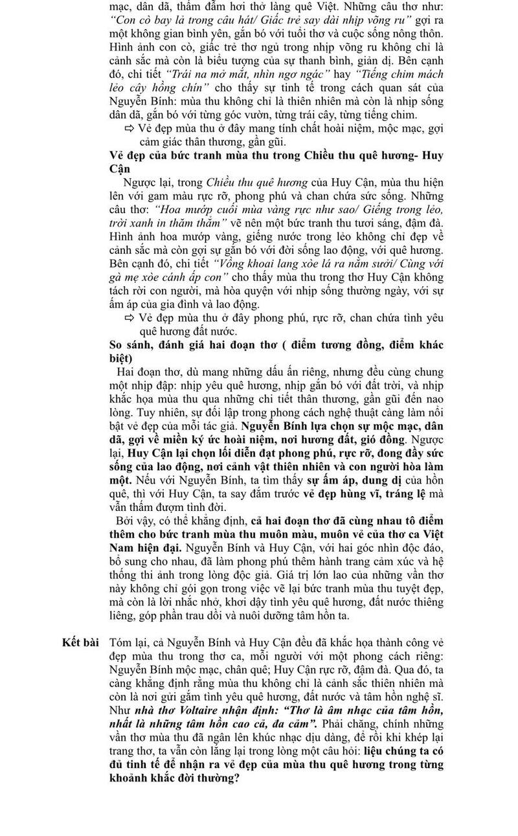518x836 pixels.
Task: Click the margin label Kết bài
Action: (x=80, y=642)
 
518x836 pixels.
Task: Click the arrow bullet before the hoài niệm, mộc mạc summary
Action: (x=129, y=128)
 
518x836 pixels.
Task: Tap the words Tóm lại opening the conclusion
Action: (x=129, y=642)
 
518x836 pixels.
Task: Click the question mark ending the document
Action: (x=238, y=778)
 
